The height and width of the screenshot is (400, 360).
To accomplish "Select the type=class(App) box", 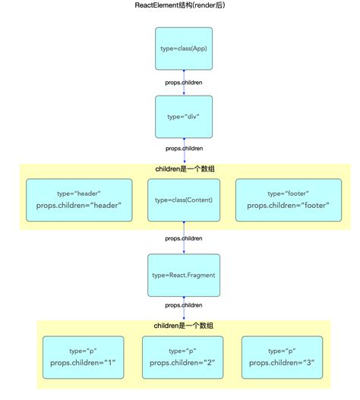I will (183, 49).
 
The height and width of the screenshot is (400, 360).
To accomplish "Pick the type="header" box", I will (79, 200).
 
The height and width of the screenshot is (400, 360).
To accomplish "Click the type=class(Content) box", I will (183, 200).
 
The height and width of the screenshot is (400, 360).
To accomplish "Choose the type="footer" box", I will (288, 200).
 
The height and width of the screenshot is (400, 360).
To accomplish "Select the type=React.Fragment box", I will (183, 274).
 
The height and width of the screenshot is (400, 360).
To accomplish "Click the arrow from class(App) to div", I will (183, 90).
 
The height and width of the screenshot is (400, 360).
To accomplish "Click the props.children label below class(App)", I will (183, 82).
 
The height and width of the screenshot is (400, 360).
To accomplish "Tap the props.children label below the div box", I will (183, 149).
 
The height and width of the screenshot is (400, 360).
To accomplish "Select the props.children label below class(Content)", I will (183, 238).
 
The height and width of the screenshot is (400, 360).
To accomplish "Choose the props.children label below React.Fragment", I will (183, 304).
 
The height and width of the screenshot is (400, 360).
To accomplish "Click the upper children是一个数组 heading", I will (183, 168).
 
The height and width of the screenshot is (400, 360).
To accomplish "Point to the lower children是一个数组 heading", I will (183, 325).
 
